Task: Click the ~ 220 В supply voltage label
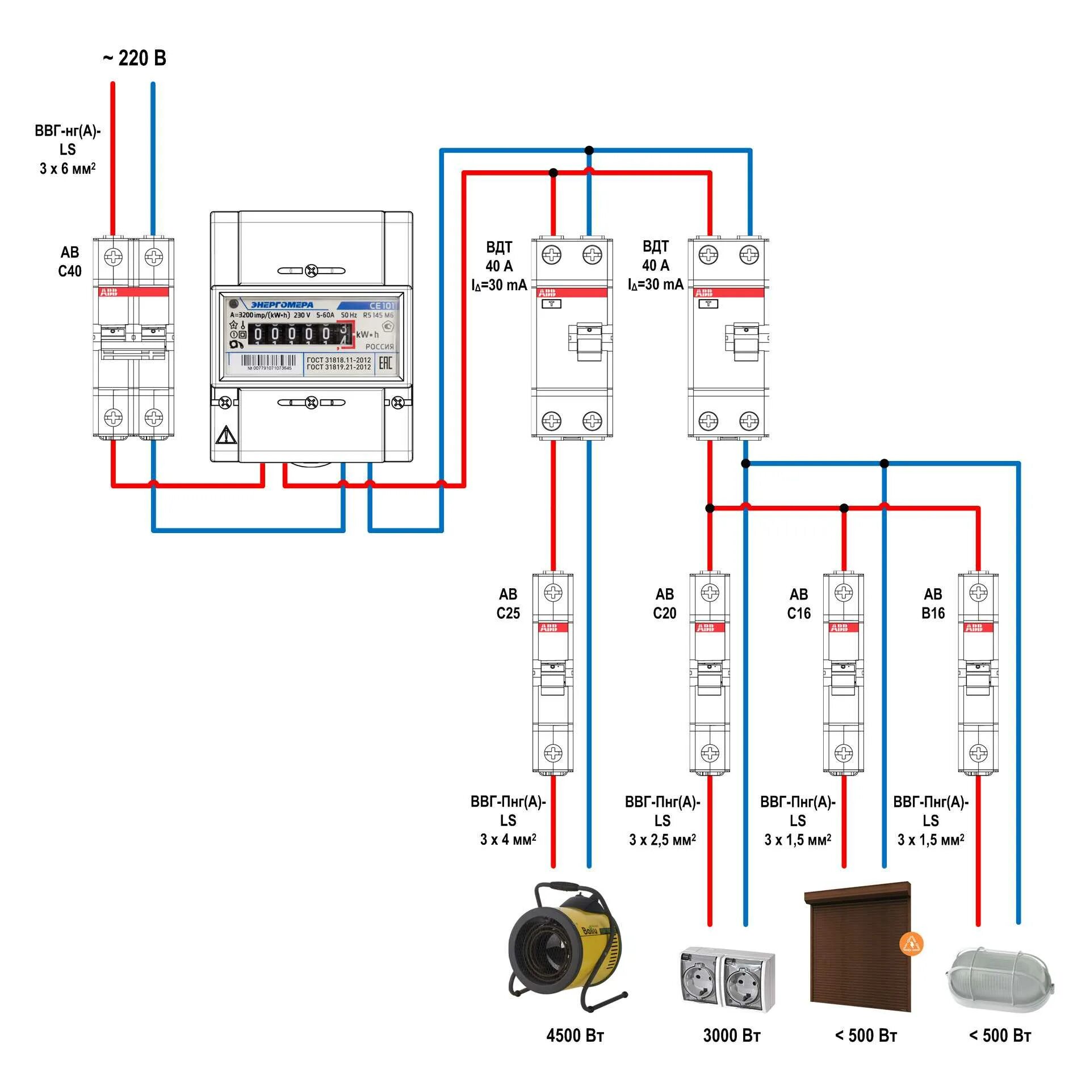135,58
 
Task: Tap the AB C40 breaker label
70,262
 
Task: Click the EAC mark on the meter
385,363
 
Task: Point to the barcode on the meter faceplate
269,361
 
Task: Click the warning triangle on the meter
225,435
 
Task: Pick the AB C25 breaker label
508,603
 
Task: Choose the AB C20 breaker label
665,603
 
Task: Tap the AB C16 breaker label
799,603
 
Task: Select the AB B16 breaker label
933,603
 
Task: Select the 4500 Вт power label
575,1035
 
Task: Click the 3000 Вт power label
732,1035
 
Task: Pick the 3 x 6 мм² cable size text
68,169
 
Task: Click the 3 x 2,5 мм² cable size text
663,840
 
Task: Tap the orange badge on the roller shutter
911,944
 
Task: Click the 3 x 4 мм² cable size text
508,840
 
